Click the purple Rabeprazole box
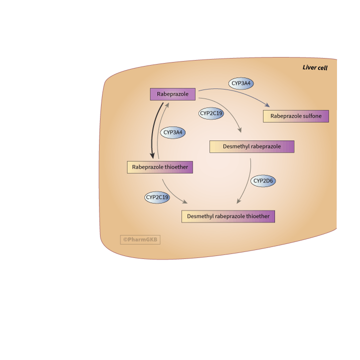point(172,94)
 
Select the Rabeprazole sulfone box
point(296,116)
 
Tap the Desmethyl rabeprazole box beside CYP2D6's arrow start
point(251,146)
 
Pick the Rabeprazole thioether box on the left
point(160,167)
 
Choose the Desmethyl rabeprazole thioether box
point(228,216)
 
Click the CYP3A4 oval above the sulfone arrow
point(241,83)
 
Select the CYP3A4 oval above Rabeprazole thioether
point(173,132)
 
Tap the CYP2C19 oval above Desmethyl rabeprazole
point(211,113)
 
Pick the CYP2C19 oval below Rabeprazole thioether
point(157,197)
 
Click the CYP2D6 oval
point(263,180)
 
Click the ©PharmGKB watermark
point(140,239)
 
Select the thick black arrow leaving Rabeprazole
point(153,130)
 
